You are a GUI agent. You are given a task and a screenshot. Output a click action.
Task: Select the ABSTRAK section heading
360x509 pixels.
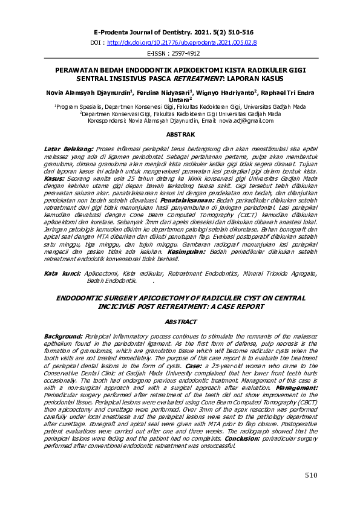click(x=180, y=134)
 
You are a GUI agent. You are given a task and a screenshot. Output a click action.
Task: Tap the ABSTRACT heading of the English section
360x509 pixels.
click(x=180, y=322)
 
